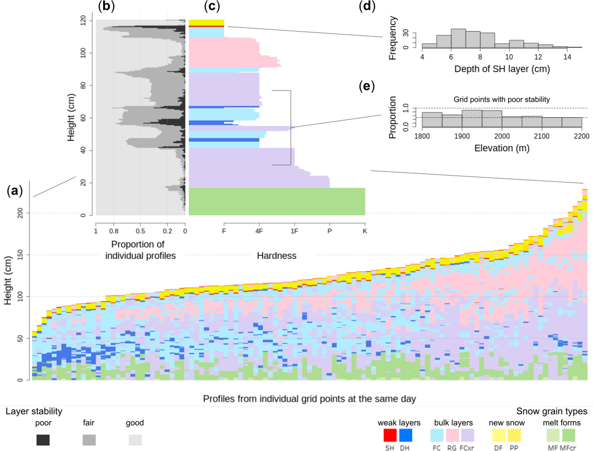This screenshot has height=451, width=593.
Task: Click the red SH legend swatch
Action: pyautogui.click(x=390, y=435)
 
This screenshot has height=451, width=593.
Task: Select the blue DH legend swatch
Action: pyautogui.click(x=405, y=435)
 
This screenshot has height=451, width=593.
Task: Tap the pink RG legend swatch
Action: pyautogui.click(x=452, y=435)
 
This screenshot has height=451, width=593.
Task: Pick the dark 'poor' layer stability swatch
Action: pyautogui.click(x=43, y=440)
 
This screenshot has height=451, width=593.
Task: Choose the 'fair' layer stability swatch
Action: pyautogui.click(x=89, y=440)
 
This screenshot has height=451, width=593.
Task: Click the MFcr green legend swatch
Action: pyautogui.click(x=569, y=435)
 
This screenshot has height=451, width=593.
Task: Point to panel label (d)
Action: pyautogui.click(x=367, y=6)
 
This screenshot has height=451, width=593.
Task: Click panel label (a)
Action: pyautogui.click(x=15, y=191)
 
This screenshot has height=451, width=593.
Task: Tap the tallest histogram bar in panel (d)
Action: pyautogui.click(x=458, y=38)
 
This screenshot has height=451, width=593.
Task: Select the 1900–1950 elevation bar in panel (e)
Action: pyautogui.click(x=472, y=119)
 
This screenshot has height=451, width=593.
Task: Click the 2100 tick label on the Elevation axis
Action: pyautogui.click(x=542, y=136)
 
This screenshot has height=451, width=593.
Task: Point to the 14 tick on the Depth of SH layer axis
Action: pyautogui.click(x=567, y=57)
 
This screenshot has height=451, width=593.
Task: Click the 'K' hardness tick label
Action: pyautogui.click(x=365, y=231)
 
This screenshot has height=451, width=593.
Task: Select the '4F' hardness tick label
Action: pyautogui.click(x=259, y=231)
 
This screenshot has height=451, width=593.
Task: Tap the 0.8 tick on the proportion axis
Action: pyautogui.click(x=114, y=231)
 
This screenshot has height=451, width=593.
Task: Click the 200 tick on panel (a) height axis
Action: pyautogui.click(x=20, y=213)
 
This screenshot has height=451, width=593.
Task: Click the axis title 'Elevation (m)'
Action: pyautogui.click(x=501, y=148)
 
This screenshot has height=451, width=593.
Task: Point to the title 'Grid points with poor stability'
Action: pyautogui.click(x=501, y=100)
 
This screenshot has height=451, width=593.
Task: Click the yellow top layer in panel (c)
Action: pyautogui.click(x=206, y=22)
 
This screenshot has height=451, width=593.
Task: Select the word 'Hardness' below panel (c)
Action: pyautogui.click(x=277, y=255)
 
